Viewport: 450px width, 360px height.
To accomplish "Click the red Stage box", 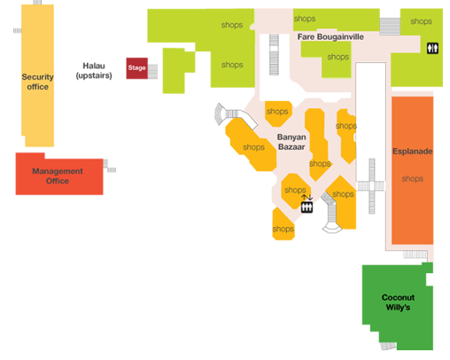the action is [136, 68].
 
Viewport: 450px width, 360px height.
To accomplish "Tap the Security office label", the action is [37, 82].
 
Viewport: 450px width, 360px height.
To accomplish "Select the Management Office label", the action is [58, 176].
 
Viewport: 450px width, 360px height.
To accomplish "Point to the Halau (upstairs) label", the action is [94, 71].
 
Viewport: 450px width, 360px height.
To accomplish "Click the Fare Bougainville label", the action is [330, 37].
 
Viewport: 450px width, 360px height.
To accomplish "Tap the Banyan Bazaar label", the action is [291, 142].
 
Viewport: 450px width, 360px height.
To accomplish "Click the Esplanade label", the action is [413, 152].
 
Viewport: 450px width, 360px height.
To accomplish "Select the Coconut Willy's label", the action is [398, 302].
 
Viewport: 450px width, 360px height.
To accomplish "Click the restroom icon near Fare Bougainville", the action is [432, 48].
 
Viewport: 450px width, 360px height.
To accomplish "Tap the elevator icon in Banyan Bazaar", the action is [306, 207].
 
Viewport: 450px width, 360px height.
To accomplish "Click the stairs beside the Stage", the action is [152, 72].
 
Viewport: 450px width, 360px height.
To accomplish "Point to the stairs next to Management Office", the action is [110, 166].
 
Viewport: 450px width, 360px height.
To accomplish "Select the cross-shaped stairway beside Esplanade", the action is [371, 186].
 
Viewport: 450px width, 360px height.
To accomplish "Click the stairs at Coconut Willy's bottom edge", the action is [388, 346].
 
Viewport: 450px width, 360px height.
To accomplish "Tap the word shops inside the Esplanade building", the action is [413, 179].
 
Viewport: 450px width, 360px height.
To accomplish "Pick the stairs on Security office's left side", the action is [18, 30].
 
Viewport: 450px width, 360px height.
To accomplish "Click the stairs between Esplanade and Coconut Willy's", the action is [415, 254].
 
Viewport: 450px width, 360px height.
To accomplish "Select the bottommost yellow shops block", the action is [283, 223].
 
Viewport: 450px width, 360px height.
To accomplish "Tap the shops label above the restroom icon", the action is [421, 21].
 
